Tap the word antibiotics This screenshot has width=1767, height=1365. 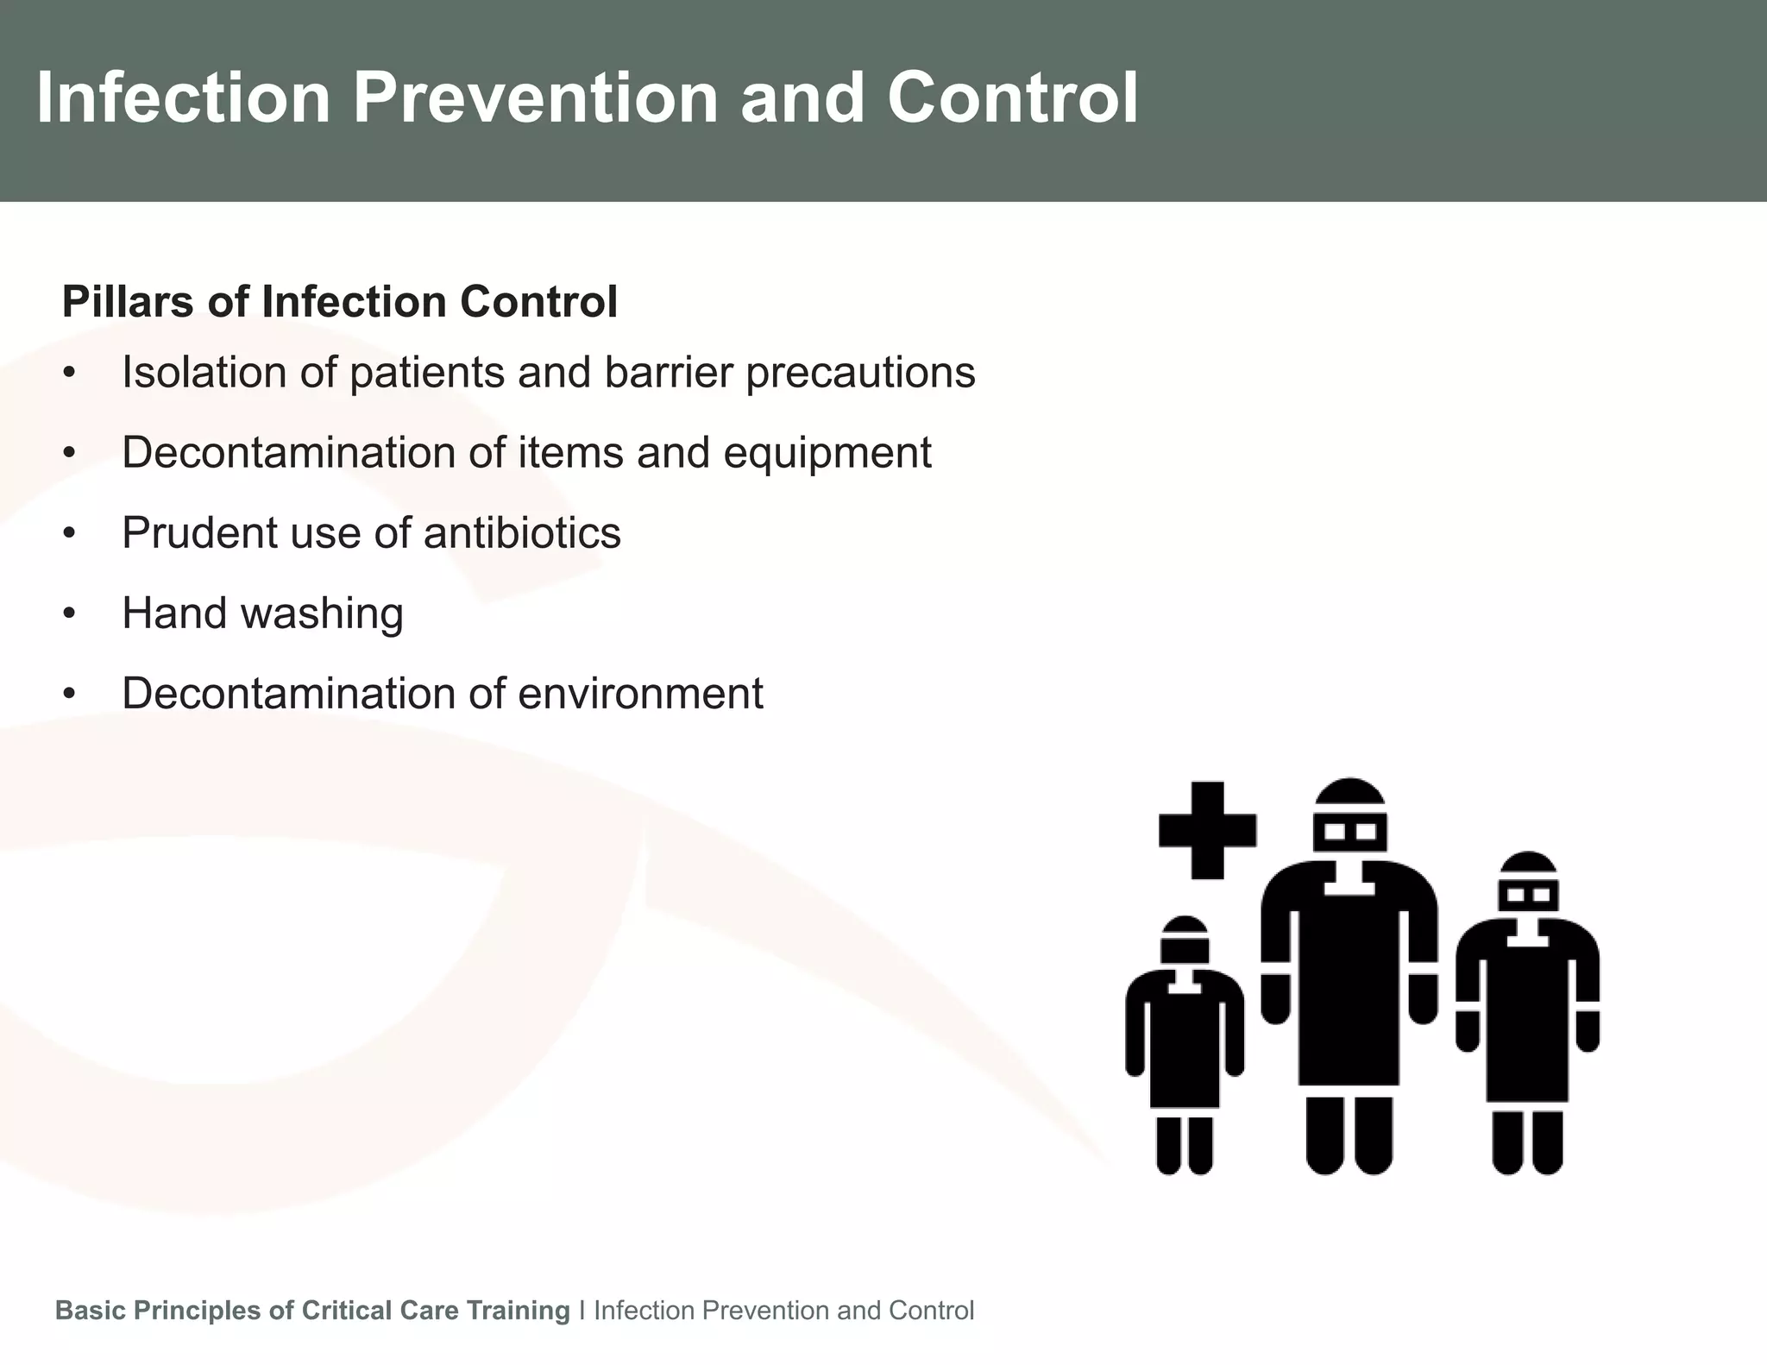[x=521, y=533]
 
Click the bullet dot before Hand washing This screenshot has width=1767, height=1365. [x=70, y=614]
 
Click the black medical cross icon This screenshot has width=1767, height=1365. [x=1206, y=830]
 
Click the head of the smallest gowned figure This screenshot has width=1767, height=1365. [x=1185, y=940]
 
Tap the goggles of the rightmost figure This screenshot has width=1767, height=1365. [x=1528, y=895]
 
